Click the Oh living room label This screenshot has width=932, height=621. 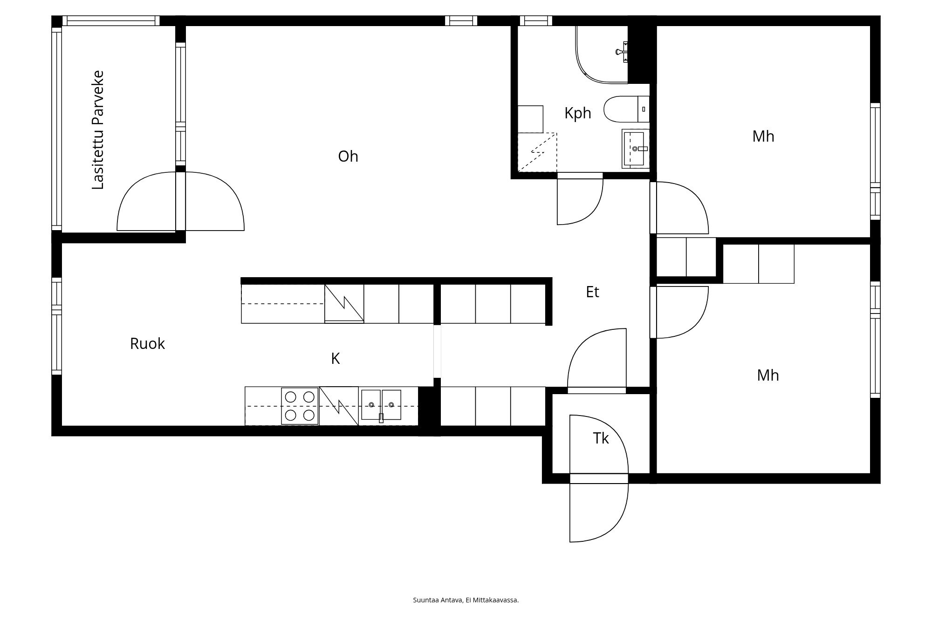click(348, 157)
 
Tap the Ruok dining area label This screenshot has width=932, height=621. click(147, 344)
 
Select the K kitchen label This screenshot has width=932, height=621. click(336, 359)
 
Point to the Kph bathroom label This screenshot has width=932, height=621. click(578, 113)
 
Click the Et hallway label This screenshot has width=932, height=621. click(592, 292)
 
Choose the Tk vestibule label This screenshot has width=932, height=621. click(601, 438)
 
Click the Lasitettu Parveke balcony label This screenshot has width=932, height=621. click(98, 130)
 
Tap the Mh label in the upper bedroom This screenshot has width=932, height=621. click(763, 136)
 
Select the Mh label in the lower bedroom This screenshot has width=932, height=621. click(768, 375)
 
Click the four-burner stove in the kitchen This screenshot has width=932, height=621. click(300, 406)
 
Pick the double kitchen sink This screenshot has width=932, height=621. click(381, 405)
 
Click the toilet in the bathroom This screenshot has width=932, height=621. click(626, 109)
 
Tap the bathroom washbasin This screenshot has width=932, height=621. click(636, 149)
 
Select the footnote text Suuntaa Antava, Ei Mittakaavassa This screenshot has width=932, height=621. click(466, 600)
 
